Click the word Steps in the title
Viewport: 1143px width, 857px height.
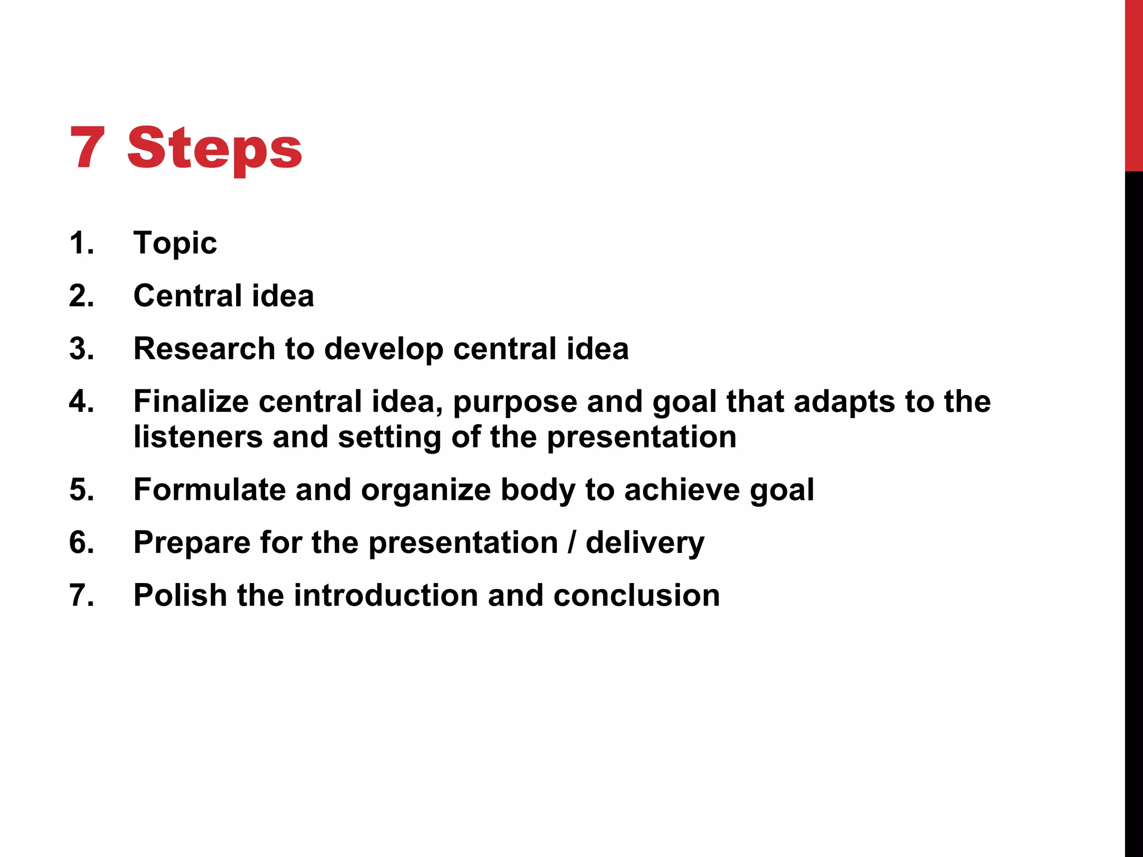(215, 148)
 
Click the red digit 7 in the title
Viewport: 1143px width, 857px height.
(87, 148)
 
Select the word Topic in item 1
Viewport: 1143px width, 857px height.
(175, 243)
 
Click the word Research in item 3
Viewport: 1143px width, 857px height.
(204, 349)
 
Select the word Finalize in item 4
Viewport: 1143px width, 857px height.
(191, 402)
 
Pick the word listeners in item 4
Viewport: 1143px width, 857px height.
(198, 437)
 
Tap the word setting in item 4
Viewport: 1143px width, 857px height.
(390, 438)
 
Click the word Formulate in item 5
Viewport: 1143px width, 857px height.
(209, 490)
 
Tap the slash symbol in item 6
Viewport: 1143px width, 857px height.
(571, 542)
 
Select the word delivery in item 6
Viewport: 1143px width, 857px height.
(645, 543)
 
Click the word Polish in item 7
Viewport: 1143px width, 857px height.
(180, 595)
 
